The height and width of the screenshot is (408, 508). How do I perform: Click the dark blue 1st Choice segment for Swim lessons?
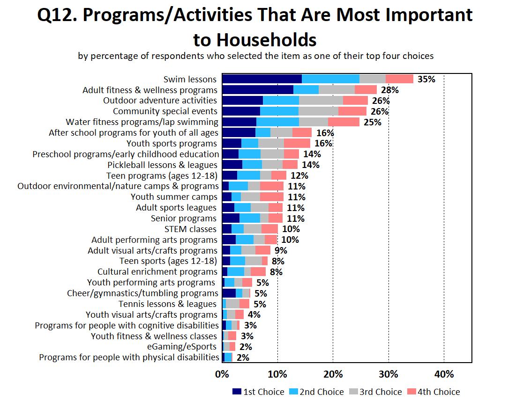point(261,79)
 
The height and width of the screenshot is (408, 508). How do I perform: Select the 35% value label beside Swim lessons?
point(426,79)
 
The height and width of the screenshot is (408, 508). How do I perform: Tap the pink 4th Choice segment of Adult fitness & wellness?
point(366,90)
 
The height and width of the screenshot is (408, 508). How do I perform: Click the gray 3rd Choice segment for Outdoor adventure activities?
point(321,101)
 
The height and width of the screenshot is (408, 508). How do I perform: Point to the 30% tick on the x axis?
point(388,374)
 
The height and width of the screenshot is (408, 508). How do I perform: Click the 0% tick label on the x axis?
point(222,374)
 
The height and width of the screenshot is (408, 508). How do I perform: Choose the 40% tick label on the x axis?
point(444,374)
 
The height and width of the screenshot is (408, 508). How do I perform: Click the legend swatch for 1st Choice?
point(237,392)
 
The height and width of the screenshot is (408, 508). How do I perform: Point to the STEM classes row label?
point(190,229)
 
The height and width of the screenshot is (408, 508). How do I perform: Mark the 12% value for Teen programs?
point(299,175)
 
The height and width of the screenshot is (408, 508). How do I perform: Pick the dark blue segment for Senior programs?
point(231,219)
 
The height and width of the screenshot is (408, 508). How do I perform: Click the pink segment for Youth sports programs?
point(297,144)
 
